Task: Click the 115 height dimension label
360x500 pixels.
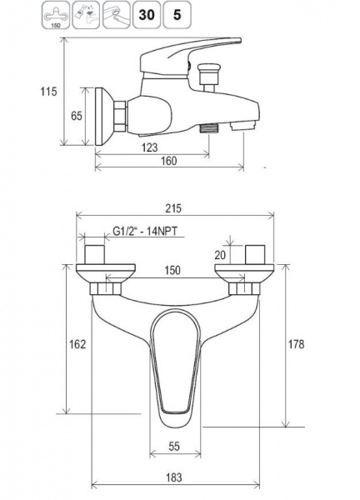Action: [x=48, y=92]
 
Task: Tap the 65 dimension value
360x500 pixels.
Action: [x=76, y=116]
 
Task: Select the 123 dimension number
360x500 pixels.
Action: [x=149, y=147]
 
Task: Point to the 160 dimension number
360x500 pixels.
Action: [x=168, y=161]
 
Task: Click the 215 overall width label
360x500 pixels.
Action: [x=173, y=208]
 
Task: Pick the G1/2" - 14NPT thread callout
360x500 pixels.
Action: [x=145, y=231]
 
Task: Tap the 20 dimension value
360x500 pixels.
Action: [x=220, y=255]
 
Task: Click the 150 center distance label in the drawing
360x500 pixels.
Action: [x=172, y=270]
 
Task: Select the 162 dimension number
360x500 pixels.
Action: [x=77, y=344]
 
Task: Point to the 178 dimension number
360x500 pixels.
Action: [x=296, y=344]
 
